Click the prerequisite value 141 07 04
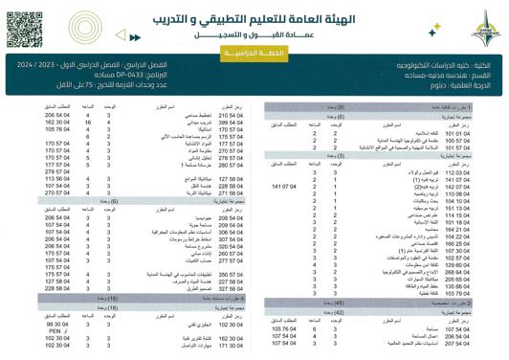coord(286,183)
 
